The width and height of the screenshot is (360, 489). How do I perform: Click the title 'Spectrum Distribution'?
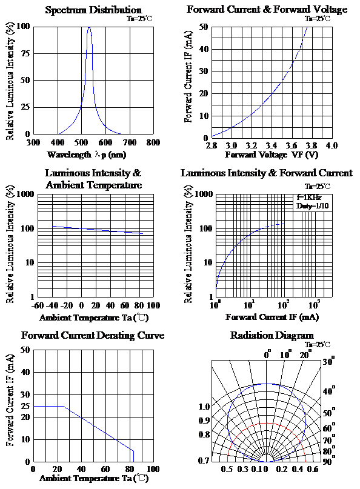[x=93, y=10]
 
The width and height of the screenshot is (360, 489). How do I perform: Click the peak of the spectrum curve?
[x=89, y=27]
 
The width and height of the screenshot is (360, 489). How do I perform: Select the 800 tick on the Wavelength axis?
[x=153, y=143]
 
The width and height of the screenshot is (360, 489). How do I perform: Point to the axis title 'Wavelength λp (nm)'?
[x=87, y=155]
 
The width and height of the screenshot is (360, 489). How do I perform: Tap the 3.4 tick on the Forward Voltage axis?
[x=271, y=145]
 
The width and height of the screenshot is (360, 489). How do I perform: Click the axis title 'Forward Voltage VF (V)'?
[x=272, y=155]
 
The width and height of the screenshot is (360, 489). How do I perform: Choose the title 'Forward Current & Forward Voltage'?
[x=267, y=9]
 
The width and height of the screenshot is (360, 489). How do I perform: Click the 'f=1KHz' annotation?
[x=309, y=198]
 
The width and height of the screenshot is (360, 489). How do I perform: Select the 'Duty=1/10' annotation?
[x=312, y=206]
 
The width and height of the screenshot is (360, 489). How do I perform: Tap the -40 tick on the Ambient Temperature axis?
[x=52, y=305]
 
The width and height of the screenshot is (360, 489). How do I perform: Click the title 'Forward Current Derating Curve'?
[x=93, y=335]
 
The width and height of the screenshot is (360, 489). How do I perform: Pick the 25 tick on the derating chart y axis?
[x=25, y=406]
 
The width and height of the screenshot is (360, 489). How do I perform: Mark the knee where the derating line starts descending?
[x=63, y=406]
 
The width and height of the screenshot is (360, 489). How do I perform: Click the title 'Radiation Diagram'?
[x=272, y=335]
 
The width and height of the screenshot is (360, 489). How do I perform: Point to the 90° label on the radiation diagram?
[x=329, y=461]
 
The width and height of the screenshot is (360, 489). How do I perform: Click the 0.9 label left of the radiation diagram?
[x=204, y=421]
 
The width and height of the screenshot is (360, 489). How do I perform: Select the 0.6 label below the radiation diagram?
[x=313, y=470]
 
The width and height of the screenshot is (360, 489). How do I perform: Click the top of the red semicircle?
[x=267, y=423]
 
